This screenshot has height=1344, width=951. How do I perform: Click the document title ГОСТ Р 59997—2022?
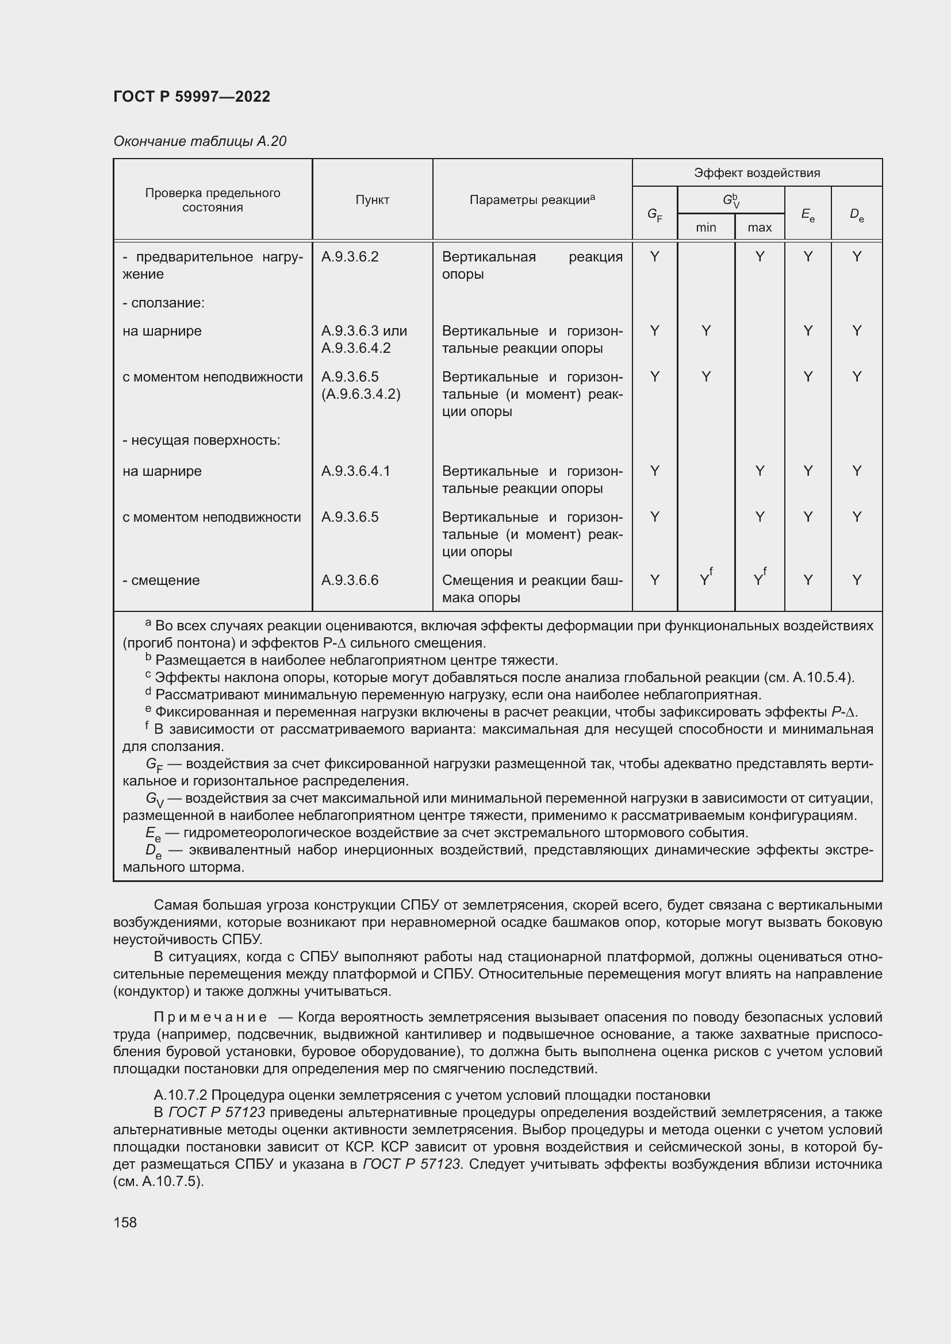(x=191, y=97)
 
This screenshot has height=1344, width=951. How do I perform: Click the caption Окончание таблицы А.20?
(x=199, y=141)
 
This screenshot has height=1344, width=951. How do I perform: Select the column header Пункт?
(x=372, y=200)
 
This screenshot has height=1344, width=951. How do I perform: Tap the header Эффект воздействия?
(x=757, y=173)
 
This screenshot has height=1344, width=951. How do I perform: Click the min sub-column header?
(x=705, y=227)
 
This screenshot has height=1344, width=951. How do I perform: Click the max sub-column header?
(x=760, y=227)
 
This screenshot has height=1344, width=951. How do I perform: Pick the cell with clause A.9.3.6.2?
(x=350, y=256)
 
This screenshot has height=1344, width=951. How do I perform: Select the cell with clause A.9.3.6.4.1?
(x=355, y=471)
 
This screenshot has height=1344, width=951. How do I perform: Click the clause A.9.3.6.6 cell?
(x=350, y=580)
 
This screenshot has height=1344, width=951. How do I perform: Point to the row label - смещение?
(x=161, y=580)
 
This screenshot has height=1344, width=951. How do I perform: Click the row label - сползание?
(x=163, y=303)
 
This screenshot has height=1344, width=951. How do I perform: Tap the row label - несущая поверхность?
(x=201, y=440)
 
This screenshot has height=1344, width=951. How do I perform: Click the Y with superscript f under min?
(x=705, y=580)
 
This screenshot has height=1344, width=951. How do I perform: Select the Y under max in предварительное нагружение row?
(x=760, y=256)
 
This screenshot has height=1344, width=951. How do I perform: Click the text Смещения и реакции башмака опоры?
(x=532, y=589)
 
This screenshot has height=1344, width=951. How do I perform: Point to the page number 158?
(x=125, y=1222)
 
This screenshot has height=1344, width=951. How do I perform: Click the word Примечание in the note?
(x=210, y=1017)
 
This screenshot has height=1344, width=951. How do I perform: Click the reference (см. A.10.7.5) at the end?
(x=158, y=1181)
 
